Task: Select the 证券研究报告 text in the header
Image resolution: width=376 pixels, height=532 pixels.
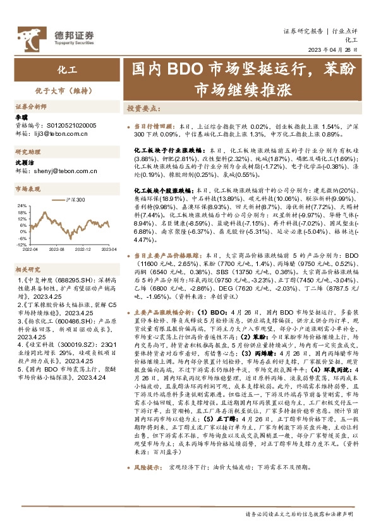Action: point(302,30)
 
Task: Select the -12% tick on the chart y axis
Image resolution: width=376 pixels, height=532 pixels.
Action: point(21,244)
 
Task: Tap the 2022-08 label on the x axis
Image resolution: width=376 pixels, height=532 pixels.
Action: point(58,250)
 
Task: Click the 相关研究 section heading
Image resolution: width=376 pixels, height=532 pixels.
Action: point(27,269)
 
